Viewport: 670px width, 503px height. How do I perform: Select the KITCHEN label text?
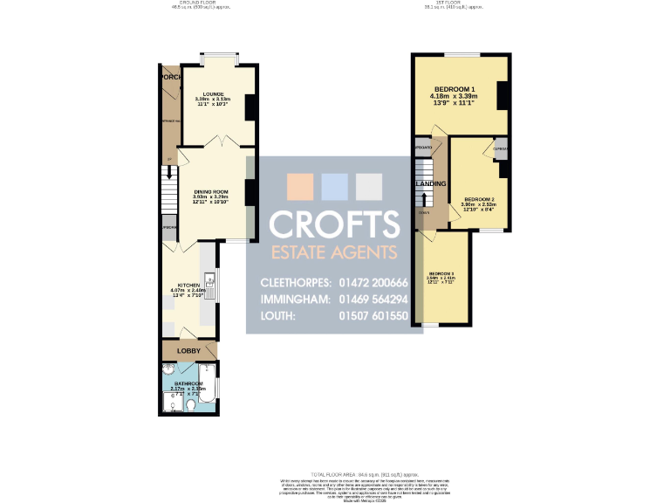pos(189,286)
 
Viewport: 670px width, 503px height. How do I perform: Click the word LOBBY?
pos(189,351)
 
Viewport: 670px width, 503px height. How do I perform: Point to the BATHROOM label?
pos(188,384)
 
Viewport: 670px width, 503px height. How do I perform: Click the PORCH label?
pos(169,77)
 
